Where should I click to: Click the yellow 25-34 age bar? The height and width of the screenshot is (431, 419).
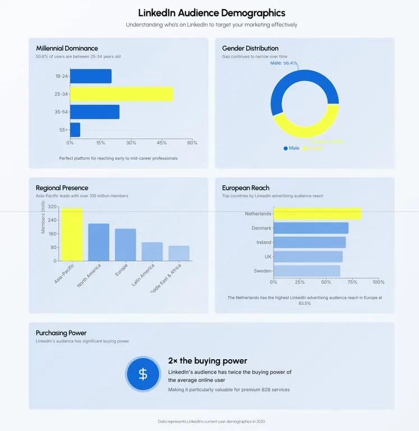(x=121, y=94)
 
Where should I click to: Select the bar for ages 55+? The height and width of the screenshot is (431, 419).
(x=75, y=130)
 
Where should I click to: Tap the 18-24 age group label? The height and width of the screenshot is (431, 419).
(x=62, y=76)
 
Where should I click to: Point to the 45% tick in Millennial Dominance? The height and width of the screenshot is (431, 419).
(x=162, y=143)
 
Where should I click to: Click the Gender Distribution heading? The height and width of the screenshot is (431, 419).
(x=250, y=48)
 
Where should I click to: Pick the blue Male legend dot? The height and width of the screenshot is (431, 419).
(x=286, y=148)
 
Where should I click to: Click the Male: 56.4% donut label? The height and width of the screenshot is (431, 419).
(x=284, y=63)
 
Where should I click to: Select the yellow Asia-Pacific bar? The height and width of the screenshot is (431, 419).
(x=72, y=235)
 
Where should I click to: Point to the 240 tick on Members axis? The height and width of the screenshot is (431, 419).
(x=52, y=221)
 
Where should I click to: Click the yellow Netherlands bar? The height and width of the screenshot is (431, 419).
(x=317, y=214)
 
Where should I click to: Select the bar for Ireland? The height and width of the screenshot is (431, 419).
(x=310, y=242)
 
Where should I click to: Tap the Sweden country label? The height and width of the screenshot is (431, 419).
(x=263, y=271)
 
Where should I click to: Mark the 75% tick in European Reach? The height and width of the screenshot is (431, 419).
(x=352, y=282)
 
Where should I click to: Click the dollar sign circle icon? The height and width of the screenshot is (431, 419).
(x=143, y=374)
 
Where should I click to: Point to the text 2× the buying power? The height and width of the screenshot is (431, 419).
(x=208, y=361)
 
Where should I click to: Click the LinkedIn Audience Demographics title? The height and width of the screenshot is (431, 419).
(x=211, y=13)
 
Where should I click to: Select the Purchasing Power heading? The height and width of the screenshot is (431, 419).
(x=61, y=333)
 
